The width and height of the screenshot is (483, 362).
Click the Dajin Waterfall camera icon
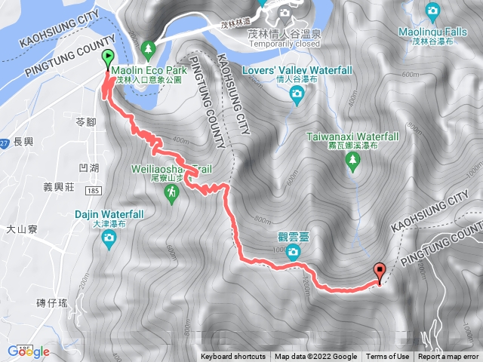109,241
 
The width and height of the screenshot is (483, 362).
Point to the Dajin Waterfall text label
110,215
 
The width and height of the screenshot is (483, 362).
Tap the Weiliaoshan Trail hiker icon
173,194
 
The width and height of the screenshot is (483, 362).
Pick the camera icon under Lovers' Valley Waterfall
297,93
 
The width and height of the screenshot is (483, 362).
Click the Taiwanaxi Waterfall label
352,137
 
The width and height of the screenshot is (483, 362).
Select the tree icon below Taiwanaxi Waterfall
352,165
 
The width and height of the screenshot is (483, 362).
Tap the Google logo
29,351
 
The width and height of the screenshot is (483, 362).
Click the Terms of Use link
388,357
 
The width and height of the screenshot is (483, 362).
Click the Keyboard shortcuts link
233,357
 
